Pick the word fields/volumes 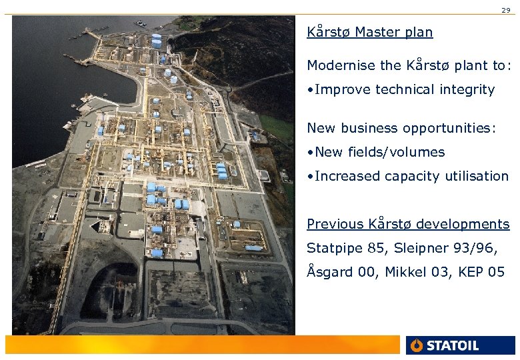[x=401, y=152]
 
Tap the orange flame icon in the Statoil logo [x=417, y=345]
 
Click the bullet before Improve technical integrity [x=310, y=90]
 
